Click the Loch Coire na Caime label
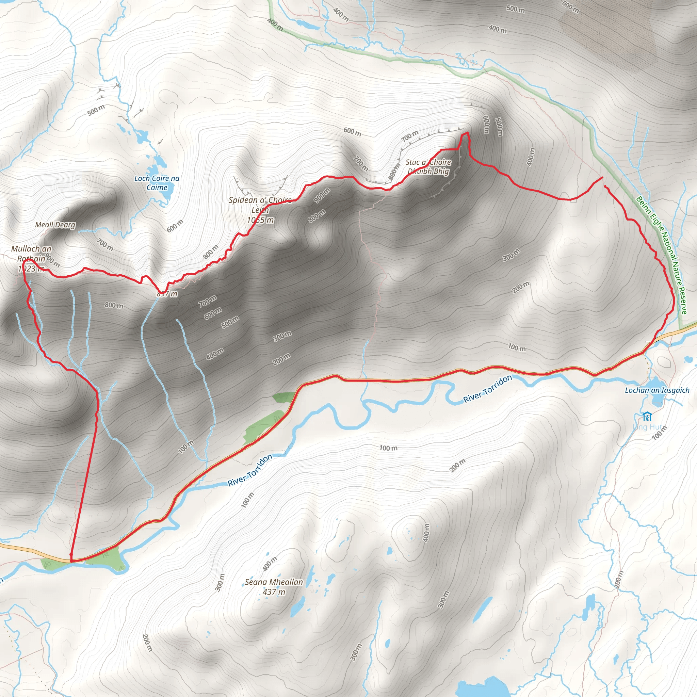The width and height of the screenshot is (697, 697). tap(157, 183)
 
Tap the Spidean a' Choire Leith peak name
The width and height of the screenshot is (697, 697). tap(260, 205)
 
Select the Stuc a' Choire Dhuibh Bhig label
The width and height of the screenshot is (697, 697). tap(428, 167)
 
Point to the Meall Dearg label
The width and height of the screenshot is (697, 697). tap(55, 225)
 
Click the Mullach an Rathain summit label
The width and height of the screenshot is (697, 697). tap(31, 254)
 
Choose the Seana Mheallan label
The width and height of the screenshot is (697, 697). tap(274, 582)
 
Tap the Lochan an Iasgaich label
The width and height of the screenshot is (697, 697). tap(657, 390)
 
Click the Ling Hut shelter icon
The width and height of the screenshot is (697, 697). tap(647, 417)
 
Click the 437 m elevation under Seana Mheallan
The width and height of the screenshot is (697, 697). tap(274, 592)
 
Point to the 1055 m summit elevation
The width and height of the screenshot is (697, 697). tap(260, 220)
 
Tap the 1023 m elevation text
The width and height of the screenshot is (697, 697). tap(31, 269)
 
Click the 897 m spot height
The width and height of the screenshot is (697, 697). tap(167, 294)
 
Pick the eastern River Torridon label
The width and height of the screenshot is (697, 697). tap(487, 389)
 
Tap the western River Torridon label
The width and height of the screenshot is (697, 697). tap(250, 470)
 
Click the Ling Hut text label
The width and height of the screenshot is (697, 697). tap(648, 427)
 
